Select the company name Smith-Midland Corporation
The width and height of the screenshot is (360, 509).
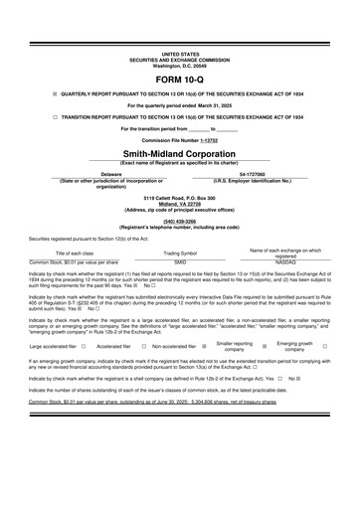point(180,155)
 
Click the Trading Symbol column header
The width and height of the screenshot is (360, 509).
point(180,253)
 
